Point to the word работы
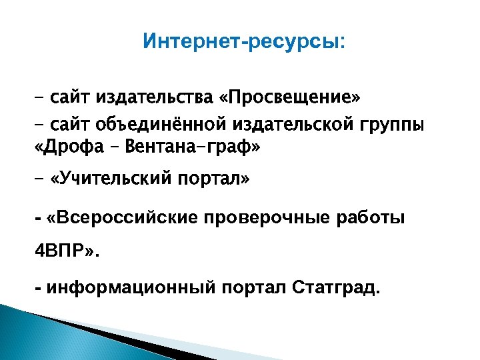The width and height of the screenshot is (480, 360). tap(375, 219)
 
